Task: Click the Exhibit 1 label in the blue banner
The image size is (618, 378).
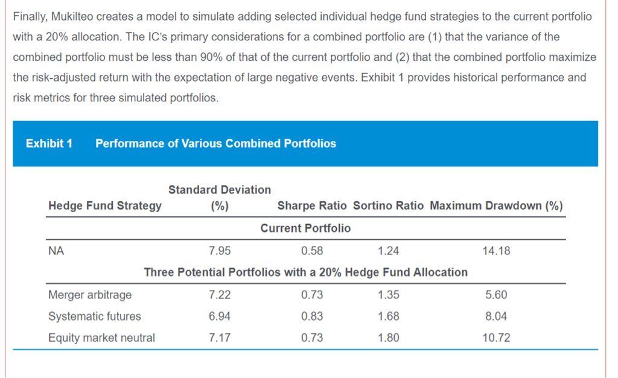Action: coord(49,143)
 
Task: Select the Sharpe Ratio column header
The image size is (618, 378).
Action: coord(311,206)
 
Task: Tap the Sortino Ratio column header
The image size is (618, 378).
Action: coord(388,206)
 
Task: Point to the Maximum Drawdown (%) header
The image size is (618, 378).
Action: coord(496,206)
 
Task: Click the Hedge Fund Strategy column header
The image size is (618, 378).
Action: coord(105,206)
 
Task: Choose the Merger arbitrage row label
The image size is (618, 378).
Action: coord(90,295)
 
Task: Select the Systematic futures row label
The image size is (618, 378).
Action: coord(95,317)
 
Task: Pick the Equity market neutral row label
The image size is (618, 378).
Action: coord(101,338)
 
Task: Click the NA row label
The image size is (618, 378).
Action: coord(56,251)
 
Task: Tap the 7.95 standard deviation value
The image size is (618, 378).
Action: coord(219,251)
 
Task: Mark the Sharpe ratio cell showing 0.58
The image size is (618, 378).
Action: coord(311,251)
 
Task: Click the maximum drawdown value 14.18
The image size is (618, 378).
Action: coord(496,251)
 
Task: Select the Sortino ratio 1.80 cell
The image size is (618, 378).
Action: coord(388,338)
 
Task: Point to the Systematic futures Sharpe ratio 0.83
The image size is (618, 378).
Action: coord(311,317)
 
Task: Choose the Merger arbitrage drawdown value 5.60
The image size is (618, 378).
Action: coord(496,295)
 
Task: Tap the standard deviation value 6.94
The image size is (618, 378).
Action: coord(219,317)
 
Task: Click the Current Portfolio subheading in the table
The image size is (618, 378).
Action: coord(305,228)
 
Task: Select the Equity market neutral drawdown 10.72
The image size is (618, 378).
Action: coord(496,338)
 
